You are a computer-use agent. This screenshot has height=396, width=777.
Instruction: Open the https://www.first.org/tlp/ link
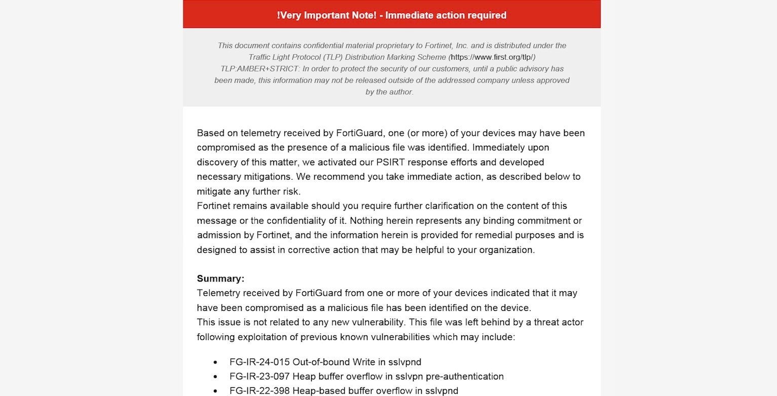point(492,57)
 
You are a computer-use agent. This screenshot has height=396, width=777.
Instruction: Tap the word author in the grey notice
point(400,92)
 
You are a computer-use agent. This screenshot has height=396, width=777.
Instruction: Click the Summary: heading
point(220,279)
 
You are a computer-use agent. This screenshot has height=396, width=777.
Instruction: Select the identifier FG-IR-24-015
point(260,362)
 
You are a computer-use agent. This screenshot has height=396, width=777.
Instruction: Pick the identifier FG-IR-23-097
point(260,377)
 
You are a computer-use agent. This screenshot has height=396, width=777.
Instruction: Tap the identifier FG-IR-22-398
point(260,391)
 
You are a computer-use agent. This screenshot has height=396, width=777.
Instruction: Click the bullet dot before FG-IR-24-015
point(215,363)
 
